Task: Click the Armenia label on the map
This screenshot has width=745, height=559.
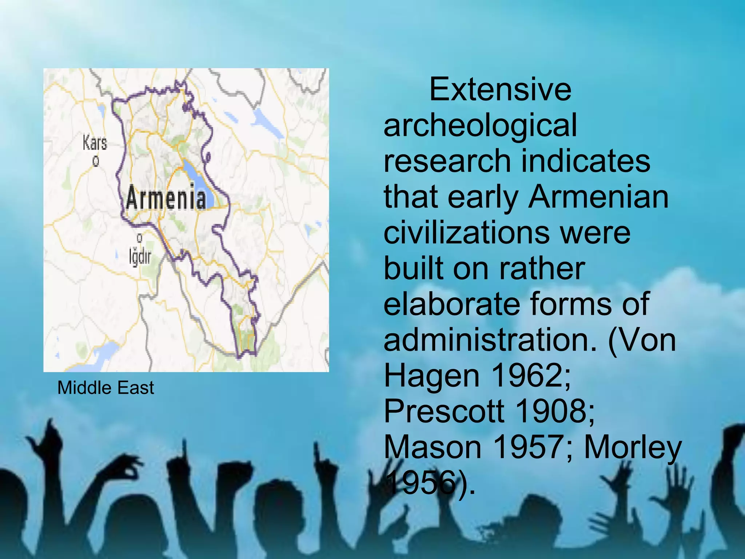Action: tap(166, 198)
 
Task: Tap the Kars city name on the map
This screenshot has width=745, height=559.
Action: tap(95, 142)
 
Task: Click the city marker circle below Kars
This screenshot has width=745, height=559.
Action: tap(96, 160)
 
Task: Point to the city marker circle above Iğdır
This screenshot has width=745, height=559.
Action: tap(139, 238)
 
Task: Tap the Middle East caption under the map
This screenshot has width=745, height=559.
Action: tap(105, 387)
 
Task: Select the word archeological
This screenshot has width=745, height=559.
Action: tap(480, 125)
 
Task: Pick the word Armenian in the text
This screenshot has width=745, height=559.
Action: tap(598, 197)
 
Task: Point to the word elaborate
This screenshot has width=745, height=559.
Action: tap(451, 304)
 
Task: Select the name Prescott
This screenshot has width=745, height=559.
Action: tap(444, 411)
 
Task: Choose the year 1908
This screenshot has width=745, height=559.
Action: tap(555, 411)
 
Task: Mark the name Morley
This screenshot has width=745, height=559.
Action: tap(633, 448)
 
